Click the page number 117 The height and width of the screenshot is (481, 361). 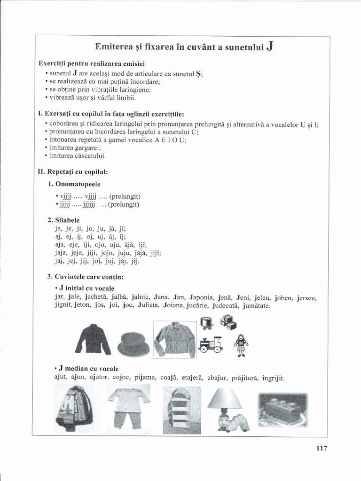tap(322, 448)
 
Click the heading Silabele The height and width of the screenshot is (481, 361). tap(67, 220)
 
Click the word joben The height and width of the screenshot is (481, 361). tap(283, 297)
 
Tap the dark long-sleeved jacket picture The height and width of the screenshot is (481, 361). tap(93, 339)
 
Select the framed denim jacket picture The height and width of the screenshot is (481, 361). tap(174, 339)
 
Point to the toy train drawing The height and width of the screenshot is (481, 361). tap(210, 345)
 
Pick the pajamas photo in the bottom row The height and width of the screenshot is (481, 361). tap(128, 406)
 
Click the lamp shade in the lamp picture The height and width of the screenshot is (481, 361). tap(224, 399)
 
